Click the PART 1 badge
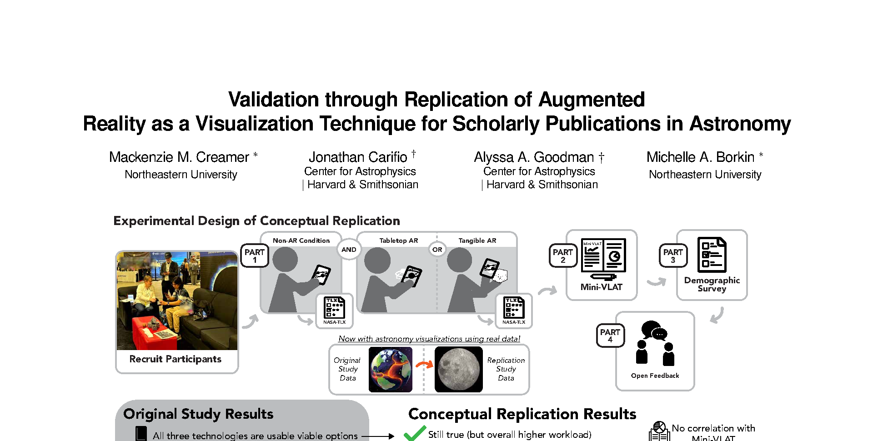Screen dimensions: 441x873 pyautogui.click(x=255, y=256)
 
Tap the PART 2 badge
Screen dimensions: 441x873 pyautogui.click(x=563, y=256)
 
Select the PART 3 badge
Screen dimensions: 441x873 pyautogui.click(x=673, y=256)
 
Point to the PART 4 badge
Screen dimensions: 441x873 pyautogui.click(x=610, y=336)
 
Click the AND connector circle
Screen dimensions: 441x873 pyautogui.click(x=349, y=250)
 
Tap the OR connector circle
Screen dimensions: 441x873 pyautogui.click(x=437, y=250)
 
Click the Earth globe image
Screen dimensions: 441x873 pyautogui.click(x=391, y=370)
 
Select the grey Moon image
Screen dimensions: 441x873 pyautogui.click(x=458, y=370)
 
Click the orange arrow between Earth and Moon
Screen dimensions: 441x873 pyautogui.click(x=424, y=365)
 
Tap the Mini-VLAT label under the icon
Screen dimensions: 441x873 pyautogui.click(x=601, y=287)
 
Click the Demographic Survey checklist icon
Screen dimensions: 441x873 pyautogui.click(x=712, y=255)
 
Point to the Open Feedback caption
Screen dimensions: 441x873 pyautogui.click(x=655, y=376)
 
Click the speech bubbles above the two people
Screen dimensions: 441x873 pyautogui.click(x=654, y=331)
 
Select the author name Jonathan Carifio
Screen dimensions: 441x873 pyautogui.click(x=358, y=157)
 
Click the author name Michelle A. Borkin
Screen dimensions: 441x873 pyautogui.click(x=700, y=157)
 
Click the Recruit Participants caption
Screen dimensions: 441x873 pyautogui.click(x=176, y=359)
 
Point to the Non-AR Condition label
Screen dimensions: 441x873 pyautogui.click(x=301, y=241)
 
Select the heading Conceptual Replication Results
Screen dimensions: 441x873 pyautogui.click(x=522, y=414)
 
